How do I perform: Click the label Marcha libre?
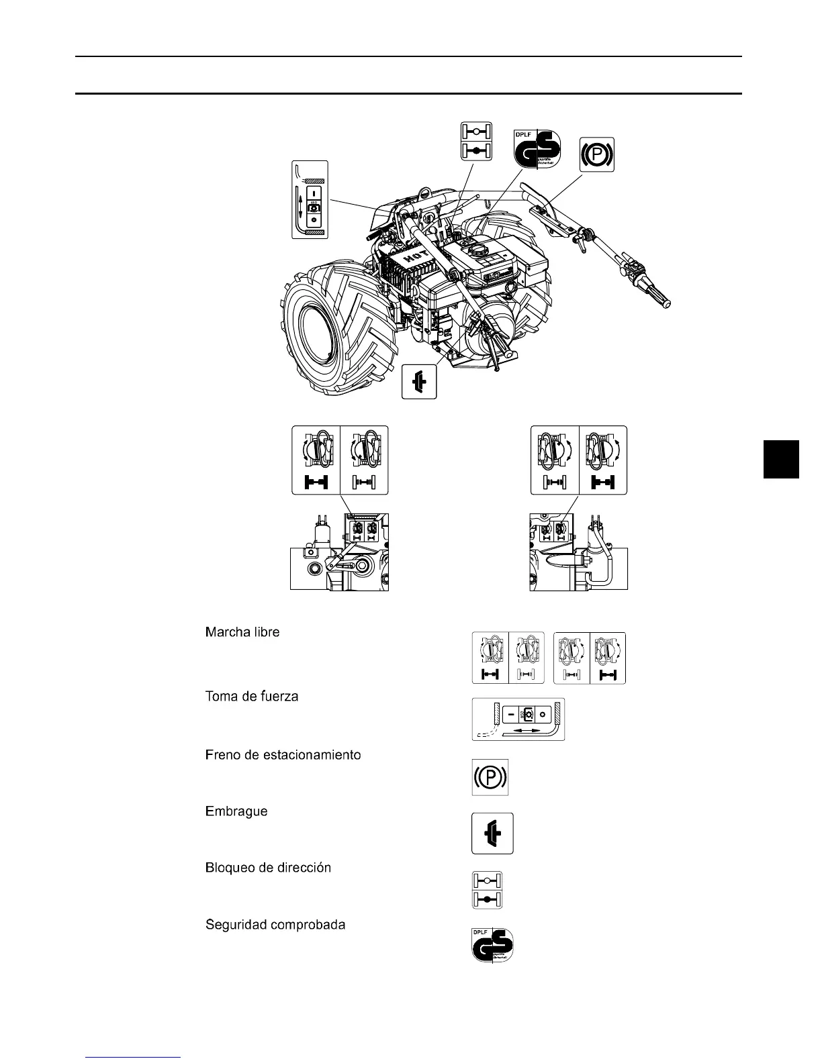[242, 632]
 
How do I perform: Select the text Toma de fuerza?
[251, 697]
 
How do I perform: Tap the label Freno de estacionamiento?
[283, 755]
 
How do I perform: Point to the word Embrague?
[236, 811]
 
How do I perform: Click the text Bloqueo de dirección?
[268, 868]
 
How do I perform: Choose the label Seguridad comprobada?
[275, 925]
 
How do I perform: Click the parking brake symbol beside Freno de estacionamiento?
[490, 777]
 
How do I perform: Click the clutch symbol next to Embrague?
[492, 833]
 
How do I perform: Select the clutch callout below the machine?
[419, 381]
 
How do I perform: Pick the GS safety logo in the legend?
[493, 945]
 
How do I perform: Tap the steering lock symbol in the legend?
[488, 891]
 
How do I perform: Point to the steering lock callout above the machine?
[476, 141]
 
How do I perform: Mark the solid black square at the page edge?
[781, 459]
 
